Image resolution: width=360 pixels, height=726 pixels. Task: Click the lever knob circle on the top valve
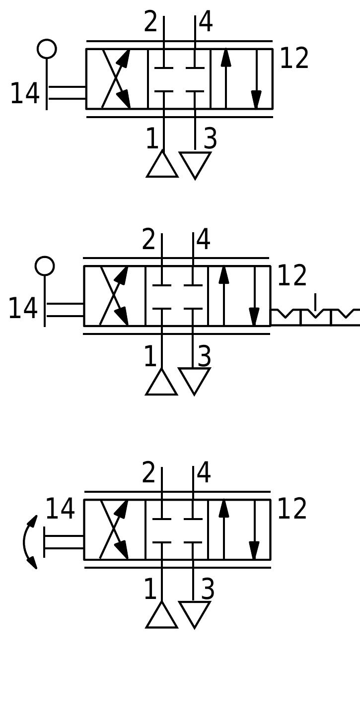pyautogui.click(x=47, y=49)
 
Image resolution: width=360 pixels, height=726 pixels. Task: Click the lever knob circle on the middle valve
pyautogui.click(x=45, y=266)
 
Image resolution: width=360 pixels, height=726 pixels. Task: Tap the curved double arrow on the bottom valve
pyautogui.click(x=29, y=542)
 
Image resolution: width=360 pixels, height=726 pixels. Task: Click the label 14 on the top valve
pyautogui.click(x=24, y=93)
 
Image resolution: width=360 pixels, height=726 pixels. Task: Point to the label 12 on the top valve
pyautogui.click(x=294, y=59)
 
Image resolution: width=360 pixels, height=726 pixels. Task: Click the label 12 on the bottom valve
pyautogui.click(x=291, y=509)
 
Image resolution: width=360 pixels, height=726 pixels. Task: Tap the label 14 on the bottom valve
pyautogui.click(x=60, y=509)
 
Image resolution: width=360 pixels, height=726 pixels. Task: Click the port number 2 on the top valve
pyautogui.click(x=150, y=22)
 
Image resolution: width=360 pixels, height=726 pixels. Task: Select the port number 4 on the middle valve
pyautogui.click(x=204, y=240)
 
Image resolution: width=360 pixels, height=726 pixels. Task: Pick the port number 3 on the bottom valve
pyautogui.click(x=208, y=590)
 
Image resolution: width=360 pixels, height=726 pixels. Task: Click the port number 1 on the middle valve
pyautogui.click(x=149, y=357)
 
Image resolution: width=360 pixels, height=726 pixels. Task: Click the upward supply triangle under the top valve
pyautogui.click(x=162, y=165)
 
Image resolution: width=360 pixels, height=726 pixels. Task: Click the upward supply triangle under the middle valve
pyautogui.click(x=161, y=383)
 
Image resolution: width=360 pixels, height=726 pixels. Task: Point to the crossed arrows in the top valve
pyautogui.click(x=116, y=78)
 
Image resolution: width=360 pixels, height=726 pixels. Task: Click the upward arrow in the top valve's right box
pyautogui.click(x=226, y=78)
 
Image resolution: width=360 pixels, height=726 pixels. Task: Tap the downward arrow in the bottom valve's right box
pyautogui.click(x=254, y=529)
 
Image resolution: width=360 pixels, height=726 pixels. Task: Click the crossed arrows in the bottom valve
pyautogui.click(x=114, y=529)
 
